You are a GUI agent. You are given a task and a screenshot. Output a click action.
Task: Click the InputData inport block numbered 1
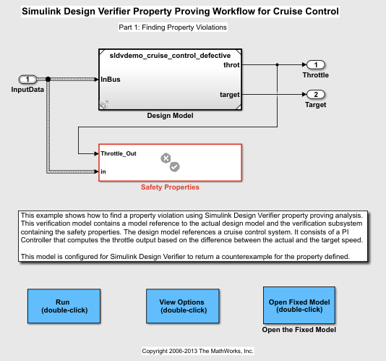(x=27, y=80)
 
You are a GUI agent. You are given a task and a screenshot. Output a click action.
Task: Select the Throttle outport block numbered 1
(x=316, y=65)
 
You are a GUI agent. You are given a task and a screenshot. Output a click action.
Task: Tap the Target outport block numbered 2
(x=316, y=94)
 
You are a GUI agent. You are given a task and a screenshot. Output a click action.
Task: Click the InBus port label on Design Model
(x=111, y=80)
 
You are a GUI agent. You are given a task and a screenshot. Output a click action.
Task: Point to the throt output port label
(x=231, y=65)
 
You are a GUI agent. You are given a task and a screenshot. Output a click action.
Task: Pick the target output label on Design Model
(x=230, y=95)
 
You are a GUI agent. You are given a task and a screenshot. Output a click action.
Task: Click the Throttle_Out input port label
(x=119, y=153)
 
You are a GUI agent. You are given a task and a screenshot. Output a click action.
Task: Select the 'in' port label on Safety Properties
(x=103, y=171)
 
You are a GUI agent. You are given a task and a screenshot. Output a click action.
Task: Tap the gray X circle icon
(x=166, y=158)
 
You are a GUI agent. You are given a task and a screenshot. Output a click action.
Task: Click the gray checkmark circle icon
(x=174, y=167)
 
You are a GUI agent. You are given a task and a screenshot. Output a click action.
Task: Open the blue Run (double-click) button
(x=64, y=306)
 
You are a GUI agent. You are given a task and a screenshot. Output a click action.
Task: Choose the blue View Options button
(x=183, y=306)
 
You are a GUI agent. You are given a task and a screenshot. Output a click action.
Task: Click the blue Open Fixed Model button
(x=299, y=305)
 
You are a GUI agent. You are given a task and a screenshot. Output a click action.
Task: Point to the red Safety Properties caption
(x=170, y=187)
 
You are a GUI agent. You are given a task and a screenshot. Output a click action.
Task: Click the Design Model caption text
(x=170, y=116)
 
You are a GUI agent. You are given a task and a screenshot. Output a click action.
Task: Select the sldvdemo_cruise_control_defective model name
(x=170, y=56)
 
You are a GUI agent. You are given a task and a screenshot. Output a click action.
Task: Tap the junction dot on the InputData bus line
(x=48, y=79)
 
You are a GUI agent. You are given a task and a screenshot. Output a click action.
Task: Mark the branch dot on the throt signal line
(x=277, y=65)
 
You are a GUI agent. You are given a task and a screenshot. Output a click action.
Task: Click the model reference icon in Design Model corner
(x=104, y=104)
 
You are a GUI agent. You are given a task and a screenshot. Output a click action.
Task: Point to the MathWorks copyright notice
(x=197, y=351)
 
